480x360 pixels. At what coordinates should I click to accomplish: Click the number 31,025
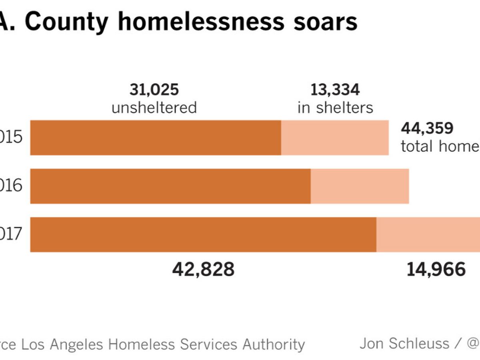(154, 90)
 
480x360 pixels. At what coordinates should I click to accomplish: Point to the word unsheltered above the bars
(154, 108)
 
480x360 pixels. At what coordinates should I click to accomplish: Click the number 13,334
(335, 90)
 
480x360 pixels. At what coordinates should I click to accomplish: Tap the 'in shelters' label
(335, 108)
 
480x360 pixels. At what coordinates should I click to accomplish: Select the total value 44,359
(427, 129)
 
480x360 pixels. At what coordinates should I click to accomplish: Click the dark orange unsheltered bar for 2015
(156, 138)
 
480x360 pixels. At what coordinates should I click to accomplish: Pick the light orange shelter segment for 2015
(335, 138)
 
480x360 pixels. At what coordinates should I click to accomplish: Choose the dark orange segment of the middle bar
(170, 186)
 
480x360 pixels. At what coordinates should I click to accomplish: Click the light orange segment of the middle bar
(360, 186)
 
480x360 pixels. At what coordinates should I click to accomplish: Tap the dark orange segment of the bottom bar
(203, 234)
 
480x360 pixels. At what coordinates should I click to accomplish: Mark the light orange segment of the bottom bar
(428, 234)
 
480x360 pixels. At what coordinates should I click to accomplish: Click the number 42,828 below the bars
(203, 270)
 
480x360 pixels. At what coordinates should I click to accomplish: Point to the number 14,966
(436, 270)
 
